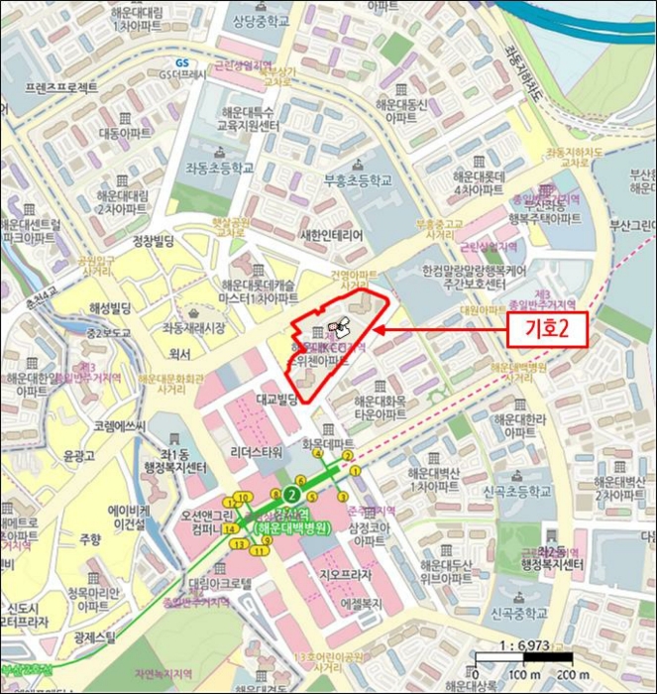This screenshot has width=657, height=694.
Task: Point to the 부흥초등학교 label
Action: (x=358, y=180)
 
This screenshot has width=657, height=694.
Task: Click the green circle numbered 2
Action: (x=291, y=495)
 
